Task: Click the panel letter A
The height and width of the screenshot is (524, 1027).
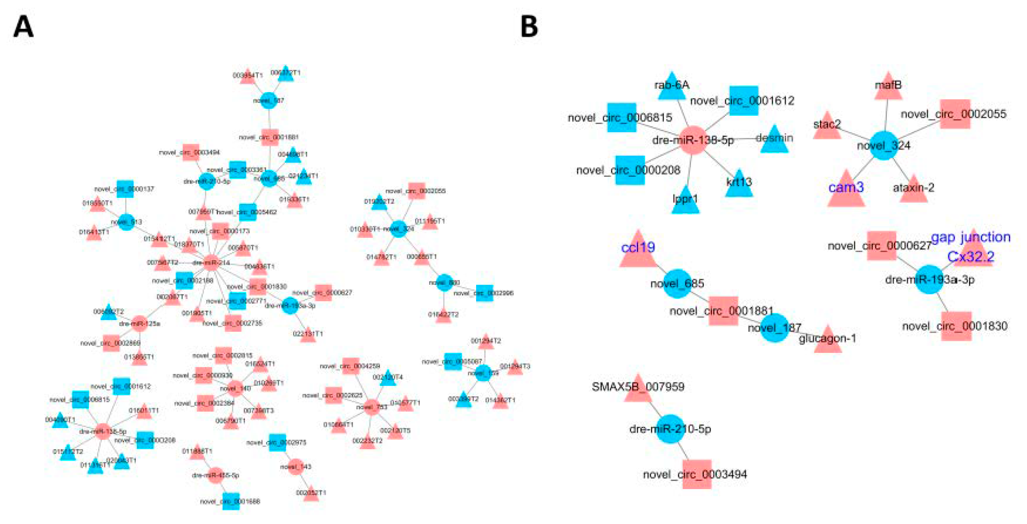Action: [x=23, y=27]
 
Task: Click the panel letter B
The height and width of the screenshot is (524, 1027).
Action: [x=529, y=27]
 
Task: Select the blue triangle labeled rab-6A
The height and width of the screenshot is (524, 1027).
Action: [x=671, y=87]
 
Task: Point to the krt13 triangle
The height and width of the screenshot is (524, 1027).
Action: [x=739, y=185]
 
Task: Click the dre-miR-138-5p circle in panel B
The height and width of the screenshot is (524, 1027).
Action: [x=693, y=140]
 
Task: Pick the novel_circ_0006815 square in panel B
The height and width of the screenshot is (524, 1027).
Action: [x=621, y=117]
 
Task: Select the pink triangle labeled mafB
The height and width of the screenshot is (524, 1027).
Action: [x=888, y=87]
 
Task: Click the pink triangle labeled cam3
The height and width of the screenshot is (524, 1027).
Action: [x=846, y=190]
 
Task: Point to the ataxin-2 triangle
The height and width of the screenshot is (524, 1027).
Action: [x=913, y=190]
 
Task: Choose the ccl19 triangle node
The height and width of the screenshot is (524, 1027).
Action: [x=638, y=251]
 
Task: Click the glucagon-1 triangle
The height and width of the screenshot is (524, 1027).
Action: [x=828, y=341]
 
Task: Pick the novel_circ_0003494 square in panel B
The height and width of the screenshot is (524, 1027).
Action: [x=697, y=474]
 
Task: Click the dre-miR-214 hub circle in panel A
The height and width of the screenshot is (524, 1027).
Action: [x=211, y=262]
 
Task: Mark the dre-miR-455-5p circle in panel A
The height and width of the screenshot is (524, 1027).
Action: [x=216, y=475]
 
